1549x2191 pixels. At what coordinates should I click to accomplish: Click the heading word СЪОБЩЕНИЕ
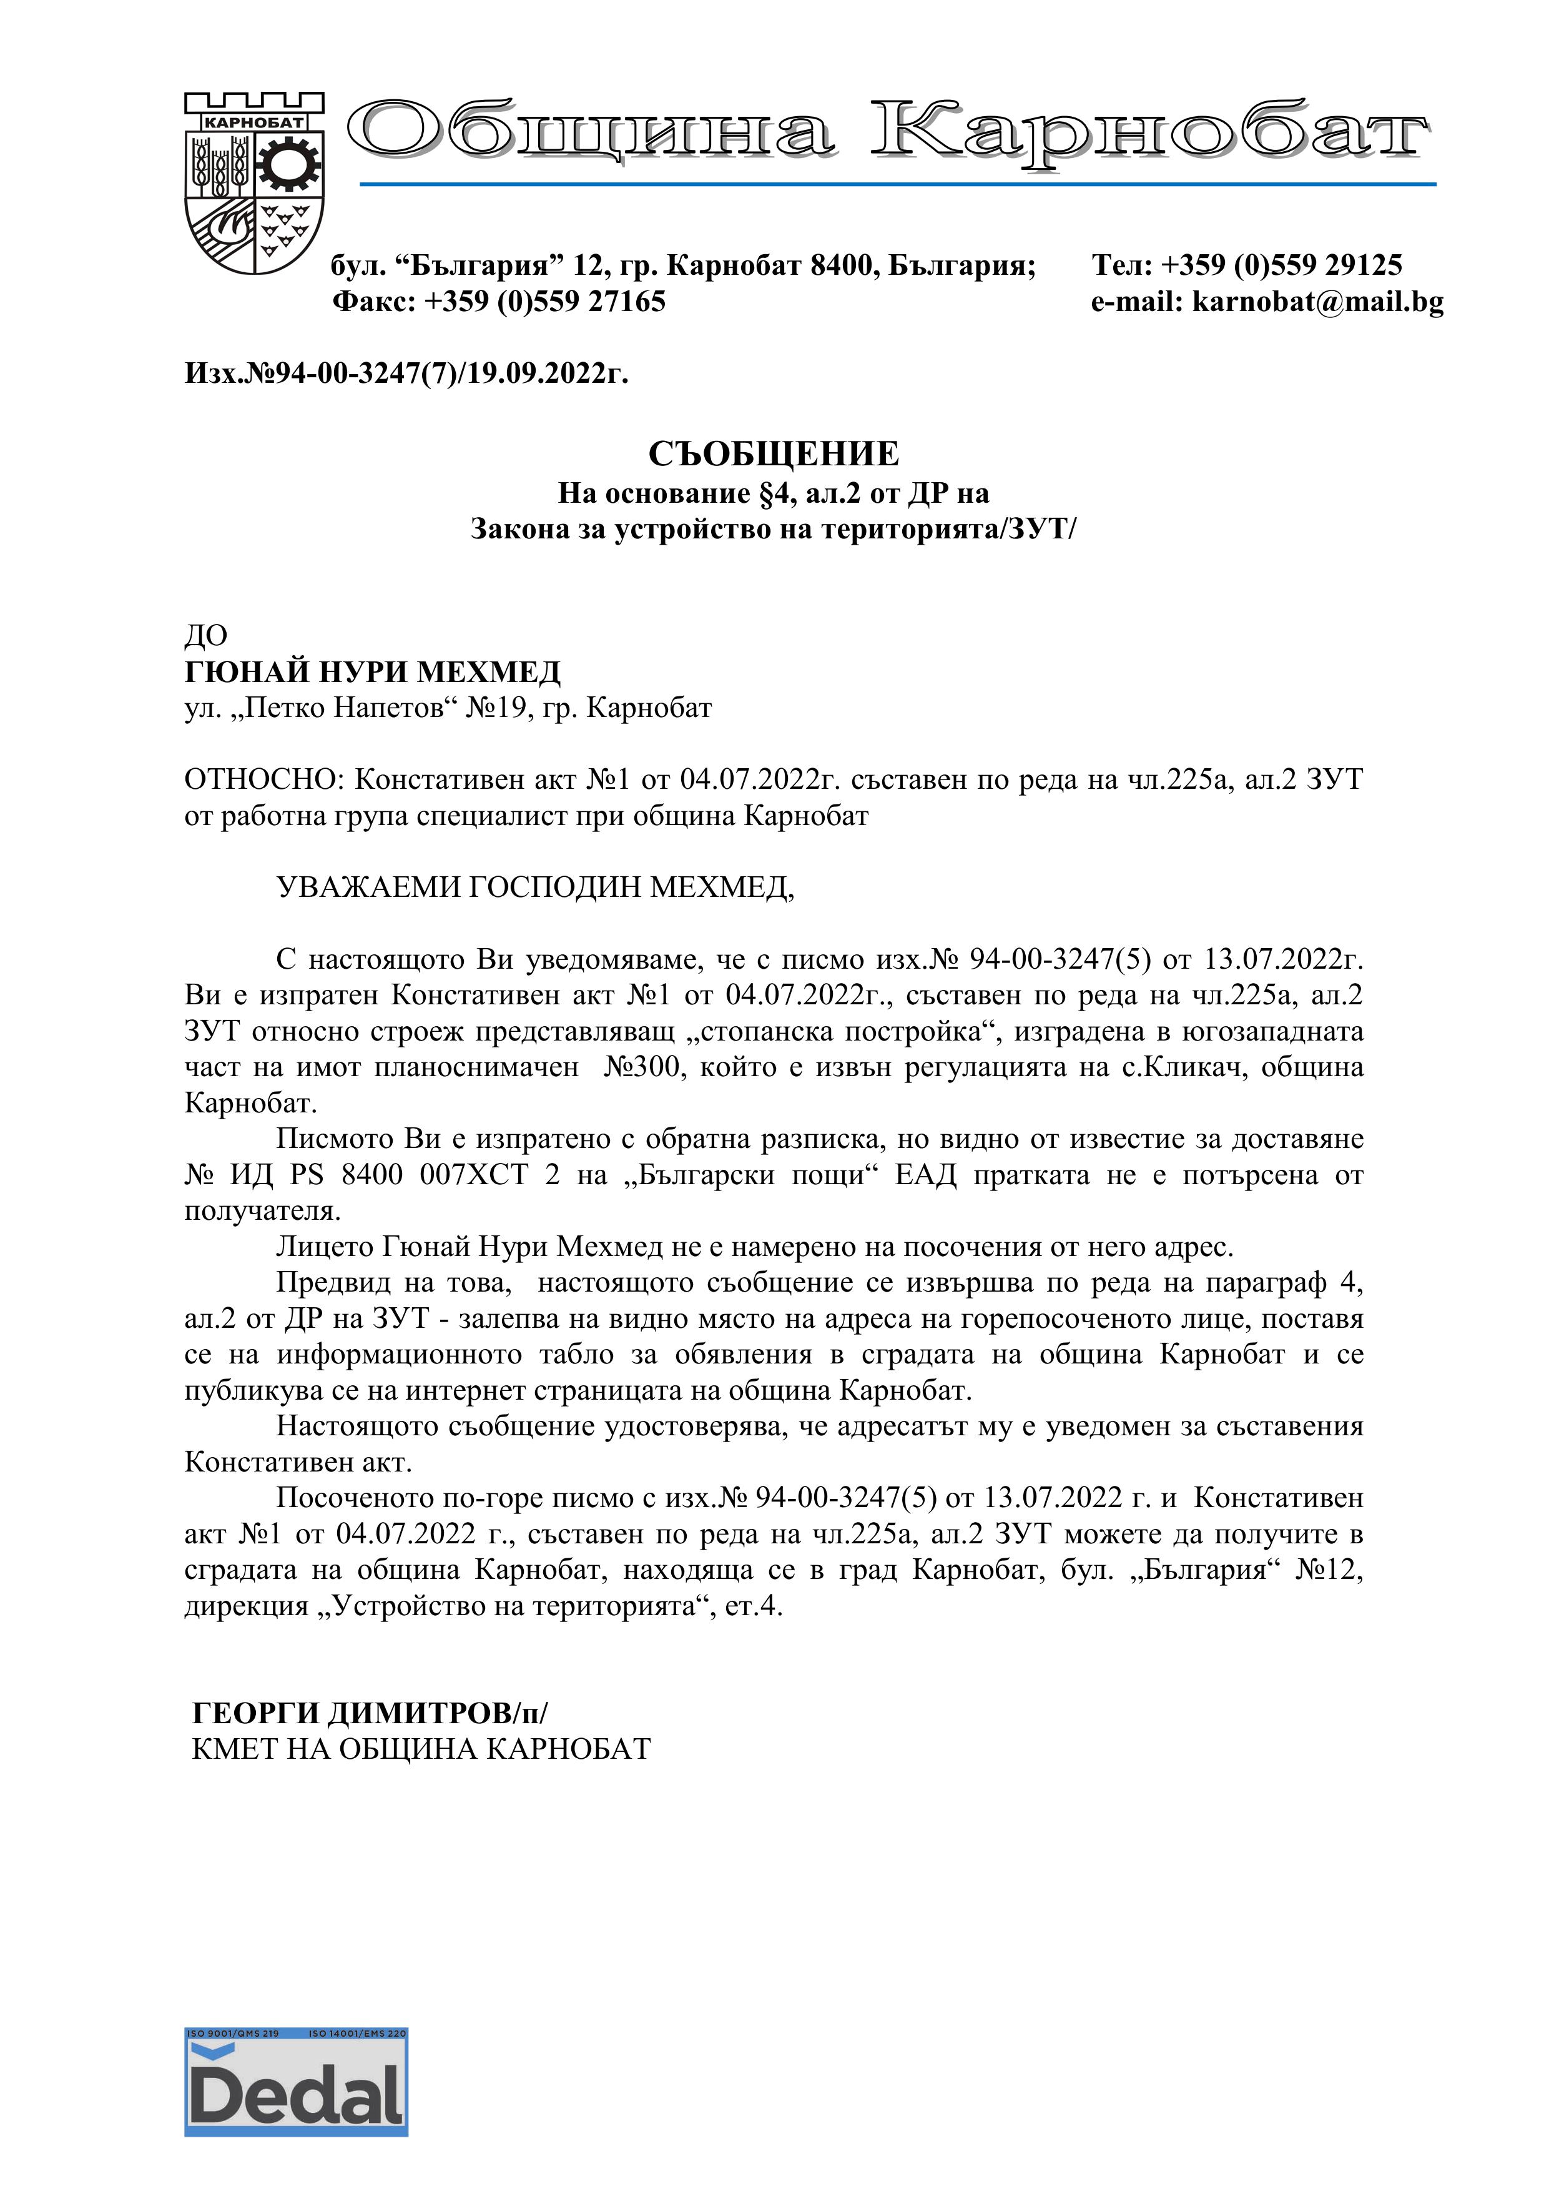coord(774,454)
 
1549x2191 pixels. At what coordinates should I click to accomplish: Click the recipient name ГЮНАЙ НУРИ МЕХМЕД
coord(372,673)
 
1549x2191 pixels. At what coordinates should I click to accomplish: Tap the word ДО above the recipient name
coord(206,636)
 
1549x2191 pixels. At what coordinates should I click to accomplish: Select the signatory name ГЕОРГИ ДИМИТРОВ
coord(351,1713)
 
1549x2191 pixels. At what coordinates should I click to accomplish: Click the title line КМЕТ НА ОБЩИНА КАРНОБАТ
coord(421,1749)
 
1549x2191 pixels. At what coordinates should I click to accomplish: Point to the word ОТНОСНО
coord(262,781)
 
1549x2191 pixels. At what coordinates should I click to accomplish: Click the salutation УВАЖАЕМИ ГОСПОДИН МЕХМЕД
coord(534,888)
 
